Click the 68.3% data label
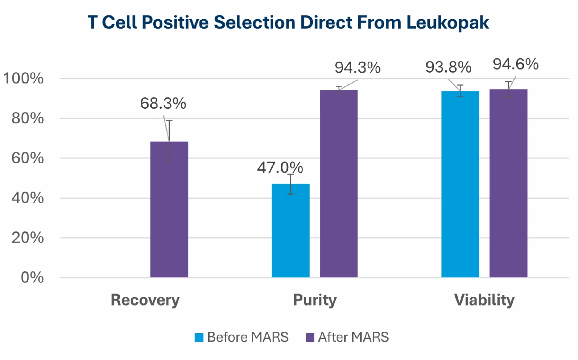[163, 103]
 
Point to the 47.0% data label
[280, 168]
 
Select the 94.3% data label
[357, 68]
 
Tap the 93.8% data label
[448, 67]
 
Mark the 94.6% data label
[516, 64]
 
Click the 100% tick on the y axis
[23, 79]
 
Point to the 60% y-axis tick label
[27, 158]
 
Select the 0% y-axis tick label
[32, 278]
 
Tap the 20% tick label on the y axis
[27, 238]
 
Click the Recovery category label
[145, 300]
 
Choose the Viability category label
[484, 300]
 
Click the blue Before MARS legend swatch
[199, 337]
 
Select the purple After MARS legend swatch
[310, 337]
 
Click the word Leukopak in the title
[447, 23]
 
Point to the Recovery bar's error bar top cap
[169, 121]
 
